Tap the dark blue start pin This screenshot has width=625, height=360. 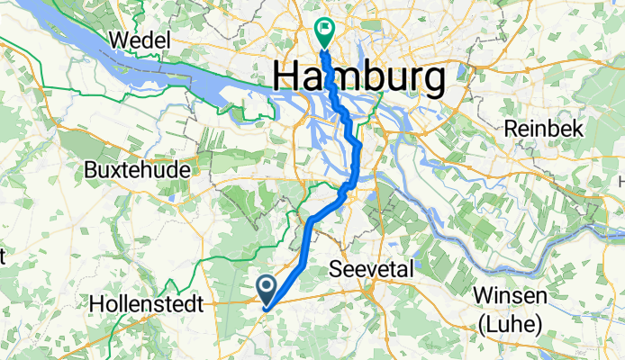[267, 287]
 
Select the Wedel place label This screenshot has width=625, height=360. [140, 40]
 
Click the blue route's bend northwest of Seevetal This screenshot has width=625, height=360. [312, 219]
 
